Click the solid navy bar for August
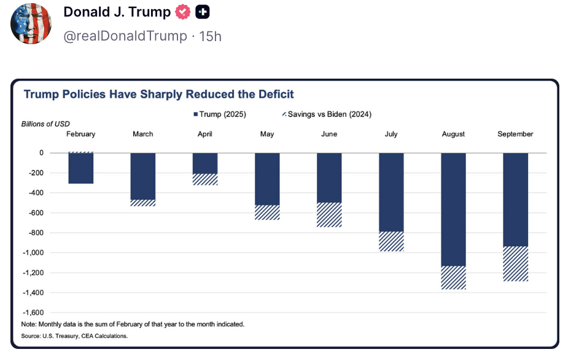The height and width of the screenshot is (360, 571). (x=453, y=209)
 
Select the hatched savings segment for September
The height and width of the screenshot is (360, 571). (x=515, y=264)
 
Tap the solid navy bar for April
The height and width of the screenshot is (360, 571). (x=205, y=163)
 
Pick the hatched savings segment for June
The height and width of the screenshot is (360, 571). (x=329, y=215)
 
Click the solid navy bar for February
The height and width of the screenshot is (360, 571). (x=80, y=168)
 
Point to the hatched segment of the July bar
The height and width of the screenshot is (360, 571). (x=391, y=241)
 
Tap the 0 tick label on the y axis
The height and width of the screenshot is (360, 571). (x=42, y=153)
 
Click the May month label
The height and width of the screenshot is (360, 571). (x=267, y=134)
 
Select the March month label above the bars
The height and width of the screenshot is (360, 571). (x=143, y=134)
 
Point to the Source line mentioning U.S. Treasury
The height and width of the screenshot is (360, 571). (x=74, y=336)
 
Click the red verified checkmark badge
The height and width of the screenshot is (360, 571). (x=183, y=12)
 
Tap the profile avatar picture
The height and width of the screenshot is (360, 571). (x=31, y=23)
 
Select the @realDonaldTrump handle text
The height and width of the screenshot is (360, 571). (x=125, y=36)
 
